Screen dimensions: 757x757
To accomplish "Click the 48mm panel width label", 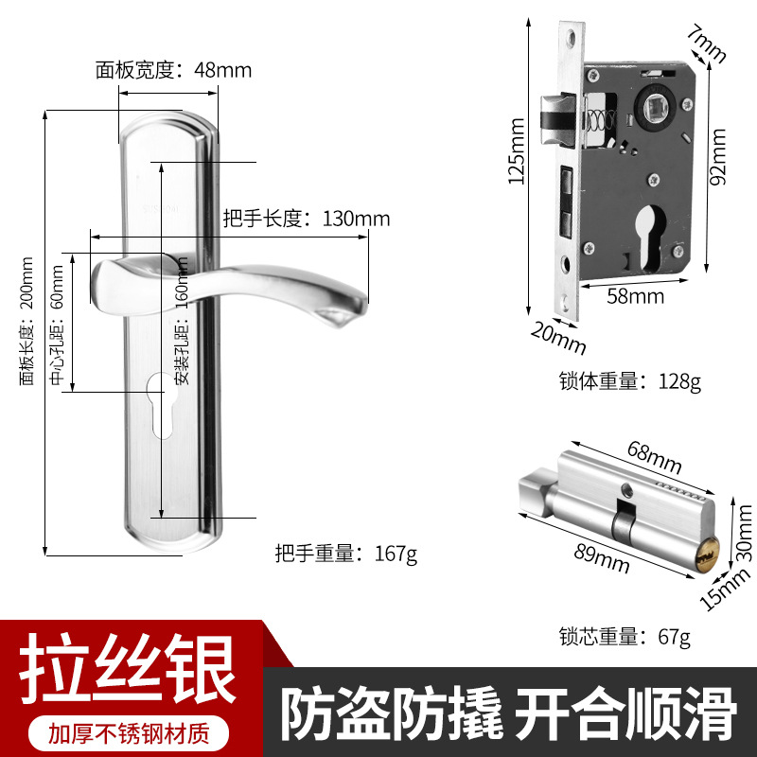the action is [173, 70].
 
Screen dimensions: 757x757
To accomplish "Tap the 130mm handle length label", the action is [307, 219].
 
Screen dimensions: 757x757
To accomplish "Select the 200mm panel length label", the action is [26, 321].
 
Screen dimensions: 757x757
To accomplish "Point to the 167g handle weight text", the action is [346, 554].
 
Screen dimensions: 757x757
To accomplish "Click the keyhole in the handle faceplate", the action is [161, 406].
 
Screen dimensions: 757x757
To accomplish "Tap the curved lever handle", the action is [227, 290].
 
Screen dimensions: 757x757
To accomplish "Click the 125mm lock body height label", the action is [517, 151].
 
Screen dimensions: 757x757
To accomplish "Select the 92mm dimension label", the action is [718, 156].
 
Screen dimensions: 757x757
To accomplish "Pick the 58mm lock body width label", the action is [635, 296].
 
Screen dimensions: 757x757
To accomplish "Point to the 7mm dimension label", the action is [706, 44].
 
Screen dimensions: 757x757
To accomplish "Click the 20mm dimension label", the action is [558, 339].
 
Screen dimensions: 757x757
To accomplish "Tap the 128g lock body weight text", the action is [630, 381].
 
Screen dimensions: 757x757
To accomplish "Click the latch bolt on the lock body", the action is [556, 119].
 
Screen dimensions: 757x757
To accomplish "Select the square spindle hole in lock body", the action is [655, 107].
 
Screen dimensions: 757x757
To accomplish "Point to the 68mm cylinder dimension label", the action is [655, 457].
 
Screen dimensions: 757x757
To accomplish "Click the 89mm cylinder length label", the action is [602, 558].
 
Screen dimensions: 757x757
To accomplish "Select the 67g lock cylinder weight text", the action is [625, 636].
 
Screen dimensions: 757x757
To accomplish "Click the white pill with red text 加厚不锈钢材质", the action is [129, 733].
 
